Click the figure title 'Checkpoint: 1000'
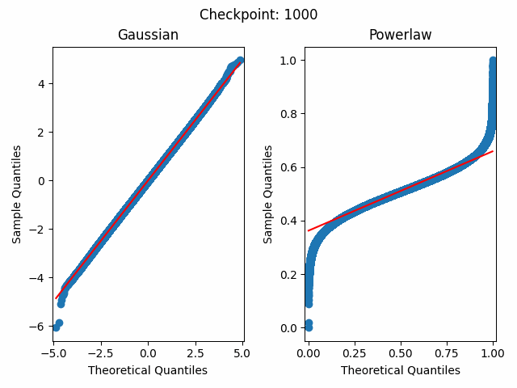(x=258, y=15)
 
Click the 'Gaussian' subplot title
(x=148, y=35)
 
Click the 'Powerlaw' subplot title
(x=400, y=35)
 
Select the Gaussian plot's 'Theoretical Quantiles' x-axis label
(x=148, y=370)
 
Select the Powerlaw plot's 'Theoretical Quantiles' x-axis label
(x=400, y=370)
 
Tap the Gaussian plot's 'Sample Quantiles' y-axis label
(x=17, y=194)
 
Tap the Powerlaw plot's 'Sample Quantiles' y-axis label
(x=269, y=194)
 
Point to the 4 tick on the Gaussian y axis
(x=44, y=83)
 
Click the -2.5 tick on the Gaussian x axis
(x=100, y=354)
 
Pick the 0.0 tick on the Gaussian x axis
(x=148, y=354)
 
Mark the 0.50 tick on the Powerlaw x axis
(x=401, y=354)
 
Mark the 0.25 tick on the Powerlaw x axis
(x=355, y=354)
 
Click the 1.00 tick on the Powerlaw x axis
(x=493, y=354)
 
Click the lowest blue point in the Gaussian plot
(x=56, y=327)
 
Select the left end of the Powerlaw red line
(x=308, y=231)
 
